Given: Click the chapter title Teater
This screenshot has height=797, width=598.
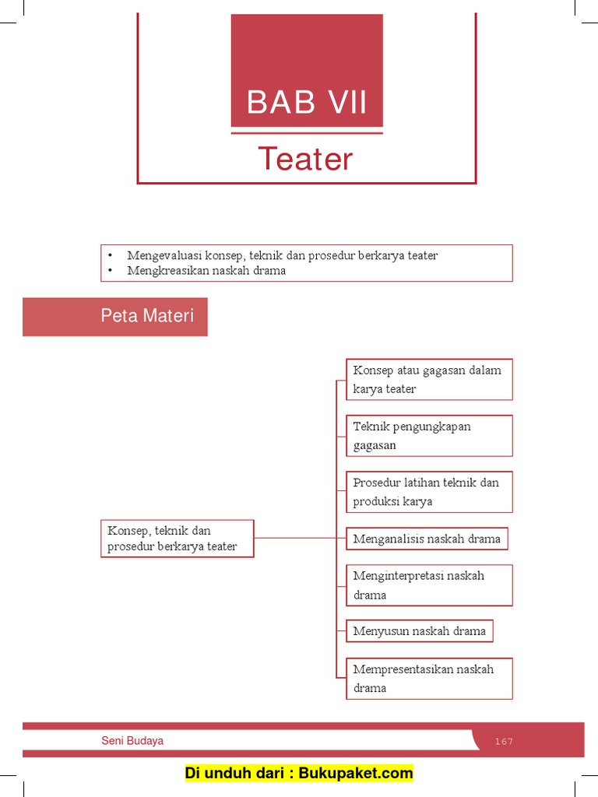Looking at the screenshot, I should [306, 159].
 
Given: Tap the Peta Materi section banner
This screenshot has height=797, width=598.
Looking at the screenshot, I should [115, 316].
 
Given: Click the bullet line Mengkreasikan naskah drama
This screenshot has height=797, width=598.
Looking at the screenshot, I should [206, 271].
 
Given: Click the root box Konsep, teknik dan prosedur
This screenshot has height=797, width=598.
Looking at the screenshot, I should [177, 539].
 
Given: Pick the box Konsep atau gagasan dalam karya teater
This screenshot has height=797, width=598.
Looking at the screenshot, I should [429, 379].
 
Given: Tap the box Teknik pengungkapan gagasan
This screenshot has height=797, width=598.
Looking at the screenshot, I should [429, 435].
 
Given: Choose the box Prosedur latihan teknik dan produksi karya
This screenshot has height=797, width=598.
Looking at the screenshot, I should [429, 491].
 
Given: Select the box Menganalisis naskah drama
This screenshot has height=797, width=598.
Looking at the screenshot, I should [427, 539].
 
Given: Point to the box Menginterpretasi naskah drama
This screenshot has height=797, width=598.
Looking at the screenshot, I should [429, 585].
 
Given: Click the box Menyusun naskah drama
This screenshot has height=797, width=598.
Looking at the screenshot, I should [420, 631].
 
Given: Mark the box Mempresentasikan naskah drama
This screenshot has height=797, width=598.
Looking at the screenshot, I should [429, 678].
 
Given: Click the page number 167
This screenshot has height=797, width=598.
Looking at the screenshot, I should [504, 741].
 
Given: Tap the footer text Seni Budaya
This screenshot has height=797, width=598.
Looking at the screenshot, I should [132, 741].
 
